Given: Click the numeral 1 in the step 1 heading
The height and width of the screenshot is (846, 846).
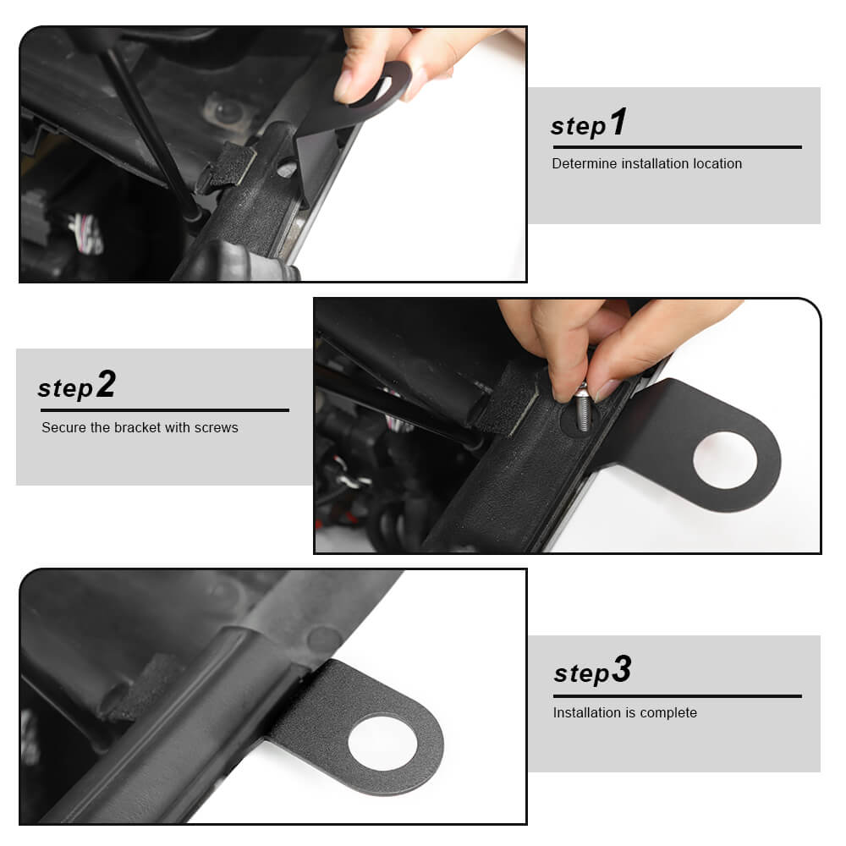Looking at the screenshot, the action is coord(619,121).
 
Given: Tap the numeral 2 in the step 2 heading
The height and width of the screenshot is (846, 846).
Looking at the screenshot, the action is coord(107,383).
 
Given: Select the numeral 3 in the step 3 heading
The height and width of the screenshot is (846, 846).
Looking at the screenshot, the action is coord(622,669).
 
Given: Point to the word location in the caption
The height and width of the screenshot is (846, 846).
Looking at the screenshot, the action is coord(717,163).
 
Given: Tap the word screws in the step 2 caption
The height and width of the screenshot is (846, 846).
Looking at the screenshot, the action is coord(216,428).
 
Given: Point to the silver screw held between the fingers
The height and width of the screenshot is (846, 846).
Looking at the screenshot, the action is coord(582,409).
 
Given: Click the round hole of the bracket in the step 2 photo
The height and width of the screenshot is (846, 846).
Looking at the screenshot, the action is coord(725,459).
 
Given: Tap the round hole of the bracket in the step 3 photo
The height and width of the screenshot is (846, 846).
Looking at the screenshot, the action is coord(382,742).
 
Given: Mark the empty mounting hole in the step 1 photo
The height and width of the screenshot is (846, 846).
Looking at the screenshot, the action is coord(287,169).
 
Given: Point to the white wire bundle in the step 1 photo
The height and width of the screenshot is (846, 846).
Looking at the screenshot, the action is coord(87,233).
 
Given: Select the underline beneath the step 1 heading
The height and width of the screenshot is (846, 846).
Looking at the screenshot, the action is coord(677,146).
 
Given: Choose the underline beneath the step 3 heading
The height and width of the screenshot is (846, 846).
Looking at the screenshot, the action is coord(677,696).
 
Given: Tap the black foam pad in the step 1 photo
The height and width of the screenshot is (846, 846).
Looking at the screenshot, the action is coord(229,166).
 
